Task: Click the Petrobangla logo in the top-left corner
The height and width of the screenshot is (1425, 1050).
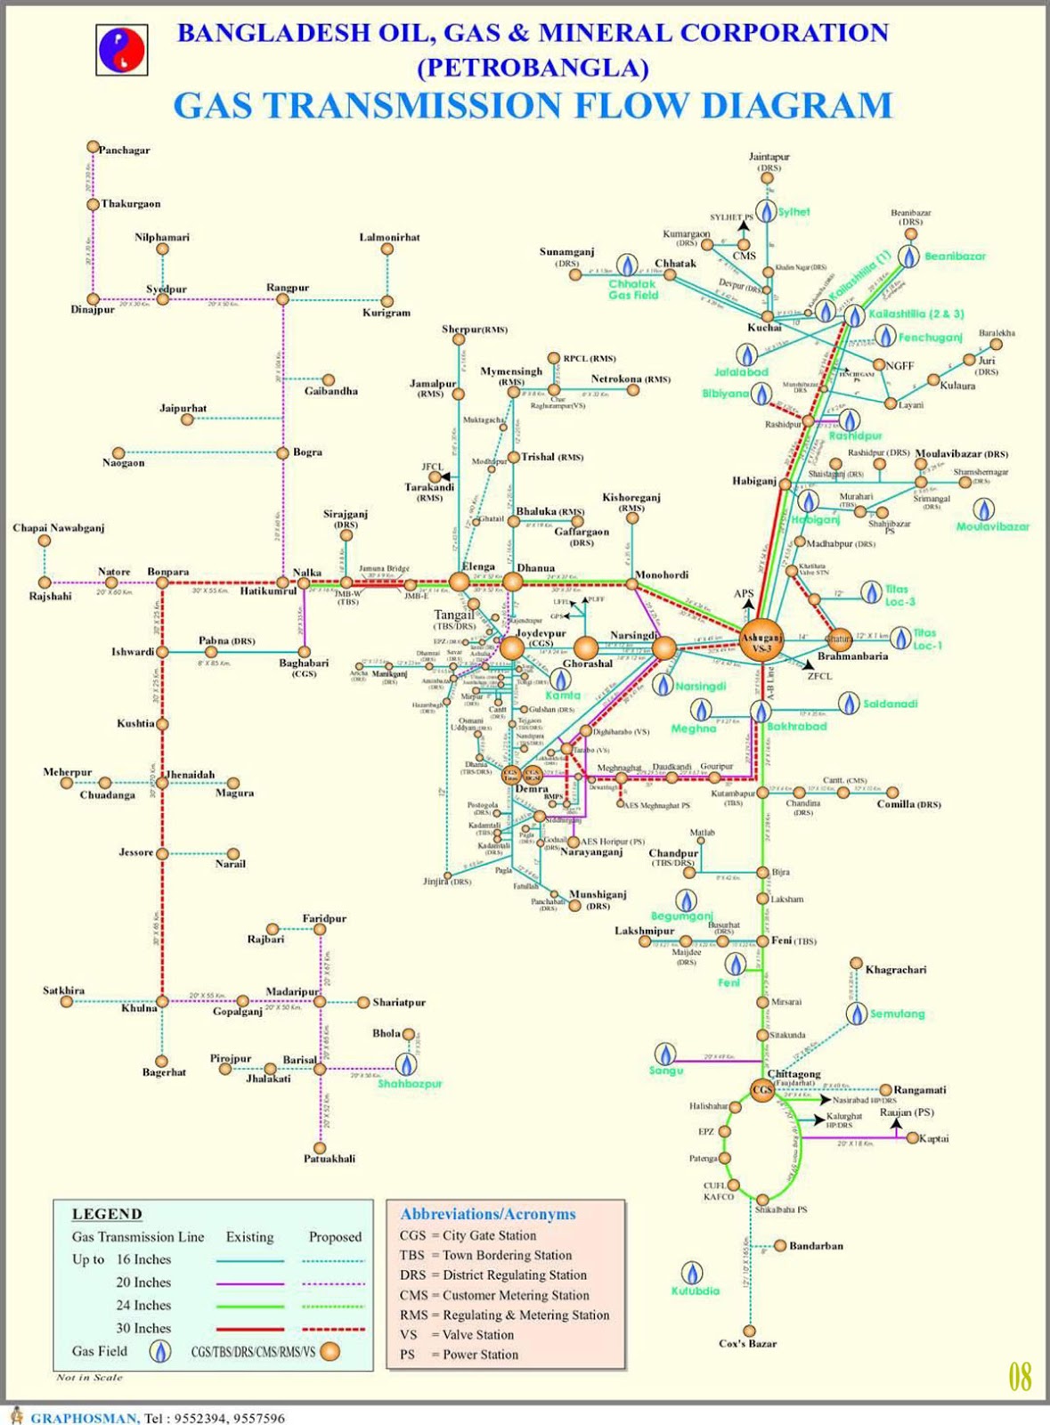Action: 122,50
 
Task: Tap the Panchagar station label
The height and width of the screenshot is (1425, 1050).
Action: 124,150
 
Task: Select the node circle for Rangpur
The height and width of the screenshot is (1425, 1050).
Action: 282,299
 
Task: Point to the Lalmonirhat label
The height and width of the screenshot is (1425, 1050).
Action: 389,237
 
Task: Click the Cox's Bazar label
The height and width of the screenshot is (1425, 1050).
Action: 747,1343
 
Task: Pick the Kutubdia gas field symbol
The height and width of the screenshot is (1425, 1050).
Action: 691,1273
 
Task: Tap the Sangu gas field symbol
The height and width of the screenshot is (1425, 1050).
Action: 663,1054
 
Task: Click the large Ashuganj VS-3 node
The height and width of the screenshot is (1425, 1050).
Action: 762,640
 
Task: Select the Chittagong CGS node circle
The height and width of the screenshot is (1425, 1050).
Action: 761,1090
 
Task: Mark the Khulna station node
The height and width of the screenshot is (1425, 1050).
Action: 162,1002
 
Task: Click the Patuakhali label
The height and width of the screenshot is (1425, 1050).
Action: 330,1158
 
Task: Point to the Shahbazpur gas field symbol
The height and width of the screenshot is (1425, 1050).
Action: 408,1063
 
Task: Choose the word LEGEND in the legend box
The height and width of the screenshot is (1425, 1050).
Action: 107,1214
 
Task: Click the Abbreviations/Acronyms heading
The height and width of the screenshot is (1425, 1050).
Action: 488,1214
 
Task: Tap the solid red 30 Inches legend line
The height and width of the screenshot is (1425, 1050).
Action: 250,1329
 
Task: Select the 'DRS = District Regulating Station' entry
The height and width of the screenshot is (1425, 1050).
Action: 492,1274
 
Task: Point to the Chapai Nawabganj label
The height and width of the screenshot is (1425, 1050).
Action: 59,528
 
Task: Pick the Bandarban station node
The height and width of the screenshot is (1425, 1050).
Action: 780,1245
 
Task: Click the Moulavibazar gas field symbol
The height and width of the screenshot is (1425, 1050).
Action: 983,509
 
